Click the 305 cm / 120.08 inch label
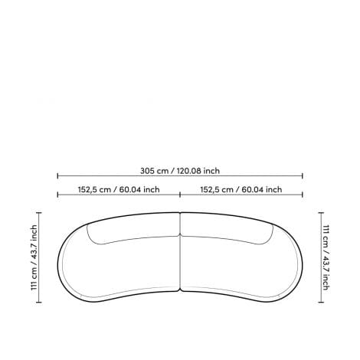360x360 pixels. click(x=180, y=171)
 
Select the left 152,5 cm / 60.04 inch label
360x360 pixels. click(x=119, y=189)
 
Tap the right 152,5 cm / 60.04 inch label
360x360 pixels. click(x=241, y=189)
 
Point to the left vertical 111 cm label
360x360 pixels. click(x=34, y=257)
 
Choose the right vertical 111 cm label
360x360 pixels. click(x=326, y=257)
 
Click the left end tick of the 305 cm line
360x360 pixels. click(x=57, y=175)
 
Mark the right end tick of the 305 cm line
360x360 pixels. click(x=303, y=175)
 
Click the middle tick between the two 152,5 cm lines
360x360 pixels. click(x=180, y=195)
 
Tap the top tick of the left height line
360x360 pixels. click(x=39, y=212)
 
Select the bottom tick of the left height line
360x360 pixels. click(x=39, y=303)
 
